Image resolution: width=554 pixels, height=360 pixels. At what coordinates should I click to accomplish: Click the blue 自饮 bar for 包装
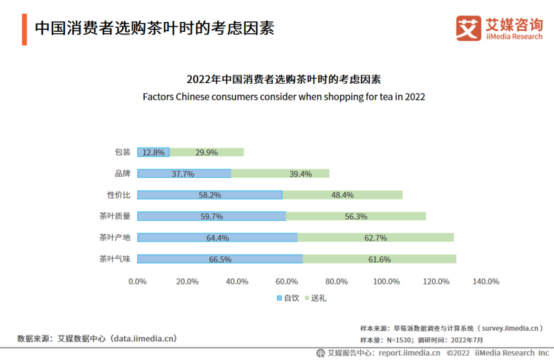tap(153, 152)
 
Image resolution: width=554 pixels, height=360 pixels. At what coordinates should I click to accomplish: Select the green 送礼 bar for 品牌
tap(280, 174)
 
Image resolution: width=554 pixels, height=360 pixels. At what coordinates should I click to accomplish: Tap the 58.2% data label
tap(210, 195)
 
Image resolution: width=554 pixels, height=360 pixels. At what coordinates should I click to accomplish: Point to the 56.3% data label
tap(356, 217)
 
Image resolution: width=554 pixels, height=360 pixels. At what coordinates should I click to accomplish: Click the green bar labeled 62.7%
tap(375, 237)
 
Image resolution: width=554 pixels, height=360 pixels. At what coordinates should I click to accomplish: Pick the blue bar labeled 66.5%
tap(220, 259)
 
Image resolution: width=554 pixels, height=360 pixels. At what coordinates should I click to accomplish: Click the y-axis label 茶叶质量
tap(115, 217)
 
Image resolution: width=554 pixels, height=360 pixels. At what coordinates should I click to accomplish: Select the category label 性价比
tap(119, 195)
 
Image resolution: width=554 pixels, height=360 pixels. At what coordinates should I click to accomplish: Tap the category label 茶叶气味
tap(115, 259)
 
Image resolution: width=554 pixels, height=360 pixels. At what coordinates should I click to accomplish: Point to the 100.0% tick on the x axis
tap(386, 281)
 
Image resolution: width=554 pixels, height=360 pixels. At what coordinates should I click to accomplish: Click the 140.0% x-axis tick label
tap(485, 281)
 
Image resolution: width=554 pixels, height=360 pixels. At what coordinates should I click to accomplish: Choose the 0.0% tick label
tap(138, 281)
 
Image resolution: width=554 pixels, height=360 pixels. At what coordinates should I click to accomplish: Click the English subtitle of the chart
tap(283, 97)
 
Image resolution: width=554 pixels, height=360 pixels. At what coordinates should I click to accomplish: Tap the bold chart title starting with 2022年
tap(284, 79)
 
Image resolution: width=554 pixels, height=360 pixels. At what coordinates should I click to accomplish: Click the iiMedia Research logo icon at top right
tap(468, 28)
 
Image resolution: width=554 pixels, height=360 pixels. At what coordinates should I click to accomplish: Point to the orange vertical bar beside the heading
tap(24, 28)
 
